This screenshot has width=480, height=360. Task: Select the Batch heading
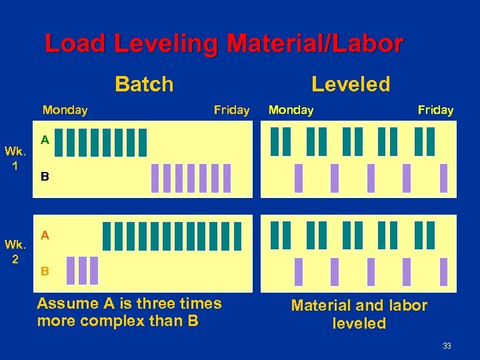click(x=144, y=85)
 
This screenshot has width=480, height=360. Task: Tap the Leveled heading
click(x=351, y=85)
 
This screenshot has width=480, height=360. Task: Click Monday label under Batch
click(x=65, y=110)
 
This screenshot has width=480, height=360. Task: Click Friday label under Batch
click(x=231, y=110)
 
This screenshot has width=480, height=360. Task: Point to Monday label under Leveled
click(x=291, y=110)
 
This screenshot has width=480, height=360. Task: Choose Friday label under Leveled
click(x=435, y=110)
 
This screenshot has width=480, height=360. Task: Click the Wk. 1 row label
click(x=15, y=157)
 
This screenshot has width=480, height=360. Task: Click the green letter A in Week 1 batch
click(x=45, y=140)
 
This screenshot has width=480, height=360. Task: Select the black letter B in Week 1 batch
click(x=45, y=178)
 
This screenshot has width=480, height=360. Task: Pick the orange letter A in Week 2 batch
click(x=45, y=235)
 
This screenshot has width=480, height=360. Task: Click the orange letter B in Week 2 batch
click(x=45, y=271)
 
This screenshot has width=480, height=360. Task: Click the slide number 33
click(x=447, y=345)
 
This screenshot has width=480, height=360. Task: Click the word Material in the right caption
click(x=319, y=306)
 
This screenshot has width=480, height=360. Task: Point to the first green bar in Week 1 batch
click(x=59, y=141)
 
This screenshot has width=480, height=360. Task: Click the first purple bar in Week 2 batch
click(x=71, y=270)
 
